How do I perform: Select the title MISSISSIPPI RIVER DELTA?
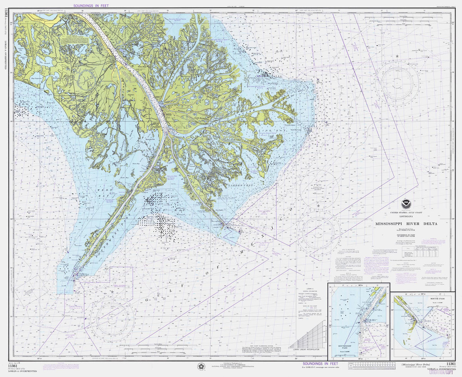(x=407, y=224)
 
